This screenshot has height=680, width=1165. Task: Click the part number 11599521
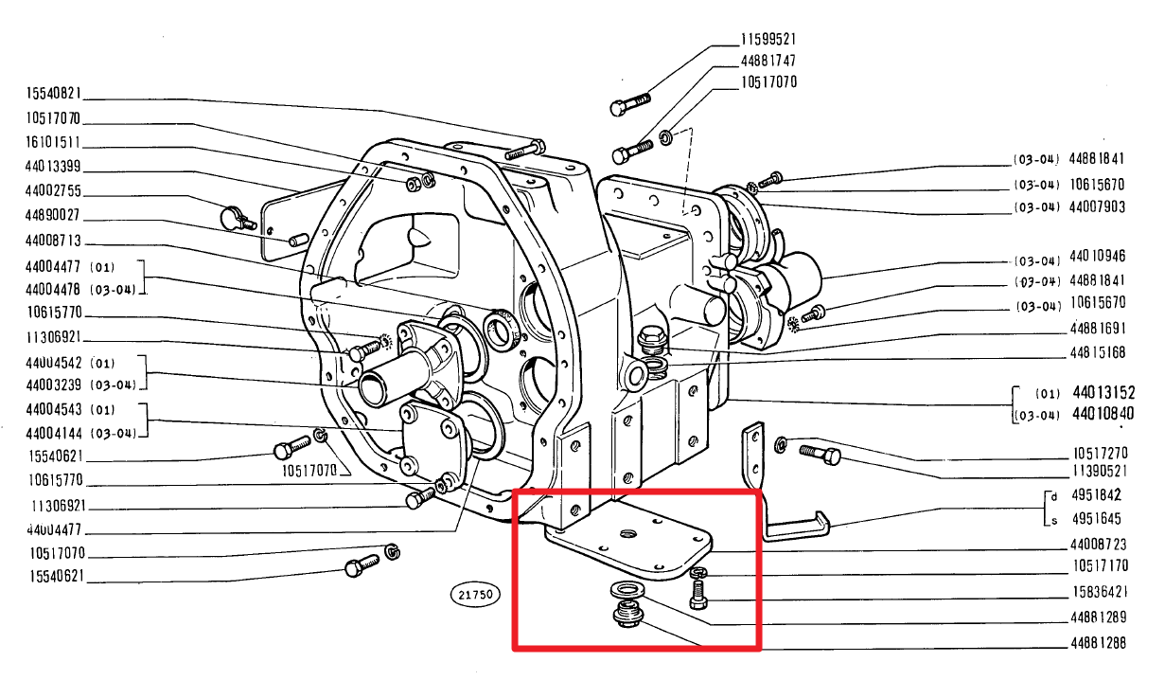pyautogui.click(x=768, y=40)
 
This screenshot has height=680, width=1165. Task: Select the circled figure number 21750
pyautogui.click(x=475, y=594)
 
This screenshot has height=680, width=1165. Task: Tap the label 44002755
pyautogui.click(x=54, y=191)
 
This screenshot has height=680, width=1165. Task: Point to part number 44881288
pyautogui.click(x=1098, y=643)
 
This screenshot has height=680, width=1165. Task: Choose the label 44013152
pyautogui.click(x=1103, y=392)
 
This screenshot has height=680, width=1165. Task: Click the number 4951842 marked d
pyautogui.click(x=1096, y=494)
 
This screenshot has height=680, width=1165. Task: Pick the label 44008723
pyautogui.click(x=1098, y=545)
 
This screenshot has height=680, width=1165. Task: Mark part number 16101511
pyautogui.click(x=53, y=143)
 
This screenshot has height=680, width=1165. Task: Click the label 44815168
pyautogui.click(x=1098, y=352)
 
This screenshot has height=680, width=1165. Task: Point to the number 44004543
pyautogui.click(x=54, y=409)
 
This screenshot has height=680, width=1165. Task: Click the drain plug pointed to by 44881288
pyautogui.click(x=628, y=614)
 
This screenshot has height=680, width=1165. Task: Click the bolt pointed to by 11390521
pyautogui.click(x=821, y=455)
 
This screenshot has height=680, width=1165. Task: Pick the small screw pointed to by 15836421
pyautogui.click(x=698, y=595)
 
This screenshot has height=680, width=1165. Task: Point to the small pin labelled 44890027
pyautogui.click(x=297, y=241)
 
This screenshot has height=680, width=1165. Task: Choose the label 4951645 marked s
pyautogui.click(x=1096, y=519)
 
